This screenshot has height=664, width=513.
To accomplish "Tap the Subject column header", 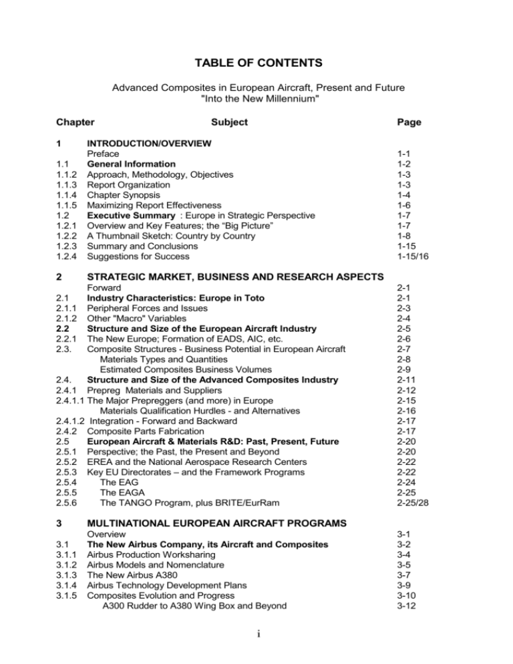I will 228,122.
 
